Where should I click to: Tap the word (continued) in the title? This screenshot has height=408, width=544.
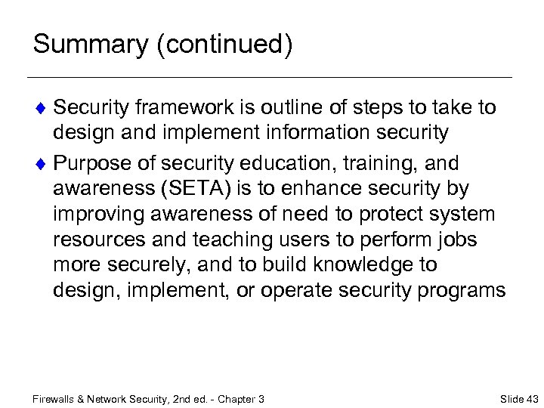[224, 45]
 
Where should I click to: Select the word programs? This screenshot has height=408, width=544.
[460, 291]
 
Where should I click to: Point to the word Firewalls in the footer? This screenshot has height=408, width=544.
[55, 398]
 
